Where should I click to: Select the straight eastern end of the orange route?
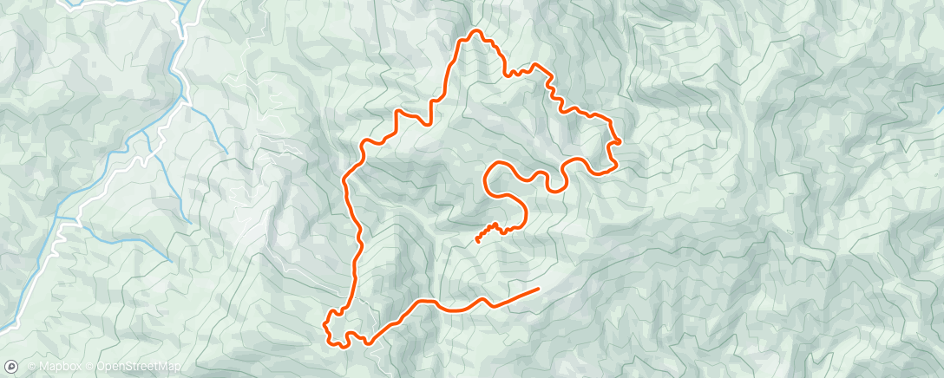(537, 289)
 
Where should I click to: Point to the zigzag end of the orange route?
(478, 241)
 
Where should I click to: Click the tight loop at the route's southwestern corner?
(330, 327)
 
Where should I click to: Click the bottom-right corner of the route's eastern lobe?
(613, 167)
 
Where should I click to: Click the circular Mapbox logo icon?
(11, 368)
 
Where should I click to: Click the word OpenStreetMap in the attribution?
(138, 368)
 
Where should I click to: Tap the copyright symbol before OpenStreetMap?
(89, 368)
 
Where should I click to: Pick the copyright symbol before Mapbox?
(31, 368)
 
